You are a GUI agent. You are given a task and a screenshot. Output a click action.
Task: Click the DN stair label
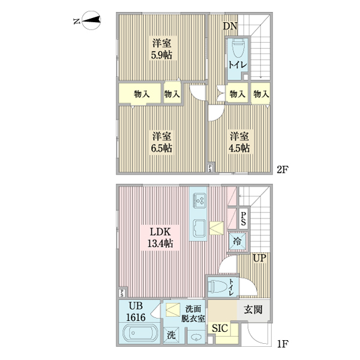[230, 26]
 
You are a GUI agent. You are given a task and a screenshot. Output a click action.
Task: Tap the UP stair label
[259, 258]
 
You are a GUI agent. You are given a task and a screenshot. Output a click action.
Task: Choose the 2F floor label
[283, 169]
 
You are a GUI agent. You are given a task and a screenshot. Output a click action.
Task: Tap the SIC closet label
[220, 329]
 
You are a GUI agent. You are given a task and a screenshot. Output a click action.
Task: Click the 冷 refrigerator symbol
[238, 241]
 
